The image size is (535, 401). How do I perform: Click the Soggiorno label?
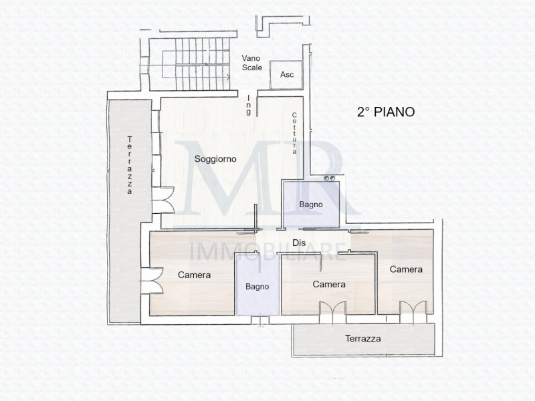[214, 159]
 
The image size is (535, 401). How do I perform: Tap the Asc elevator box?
[286, 74]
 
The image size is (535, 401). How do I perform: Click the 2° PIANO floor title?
[385, 112]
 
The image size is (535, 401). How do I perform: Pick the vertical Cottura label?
[294, 134]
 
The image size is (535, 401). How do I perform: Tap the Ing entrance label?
[249, 105]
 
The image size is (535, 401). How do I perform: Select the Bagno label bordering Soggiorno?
[311, 205]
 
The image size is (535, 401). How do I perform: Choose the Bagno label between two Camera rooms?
[257, 286]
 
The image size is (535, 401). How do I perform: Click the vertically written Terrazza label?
[129, 164]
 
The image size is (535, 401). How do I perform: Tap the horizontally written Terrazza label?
[363, 339]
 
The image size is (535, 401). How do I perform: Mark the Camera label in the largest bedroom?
[195, 275]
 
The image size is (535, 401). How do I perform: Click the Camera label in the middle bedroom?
[329, 284]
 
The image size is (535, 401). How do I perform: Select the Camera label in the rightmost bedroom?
[406, 269]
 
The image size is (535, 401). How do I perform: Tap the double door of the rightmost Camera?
[412, 309]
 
